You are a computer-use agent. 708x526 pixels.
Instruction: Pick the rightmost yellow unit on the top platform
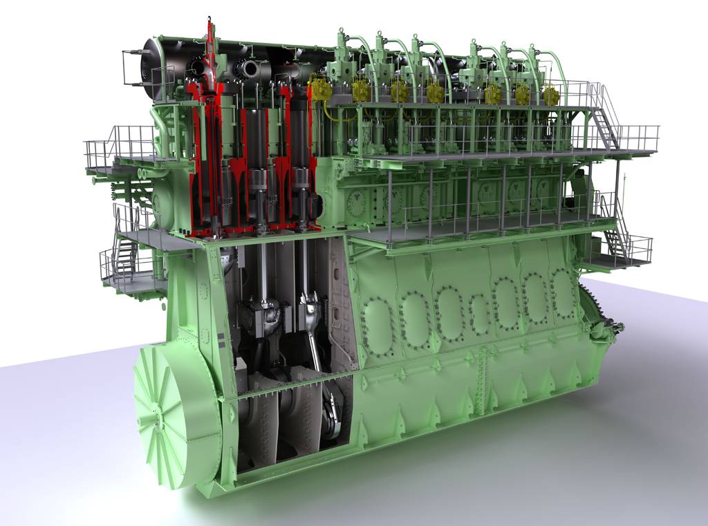point(550,95)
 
